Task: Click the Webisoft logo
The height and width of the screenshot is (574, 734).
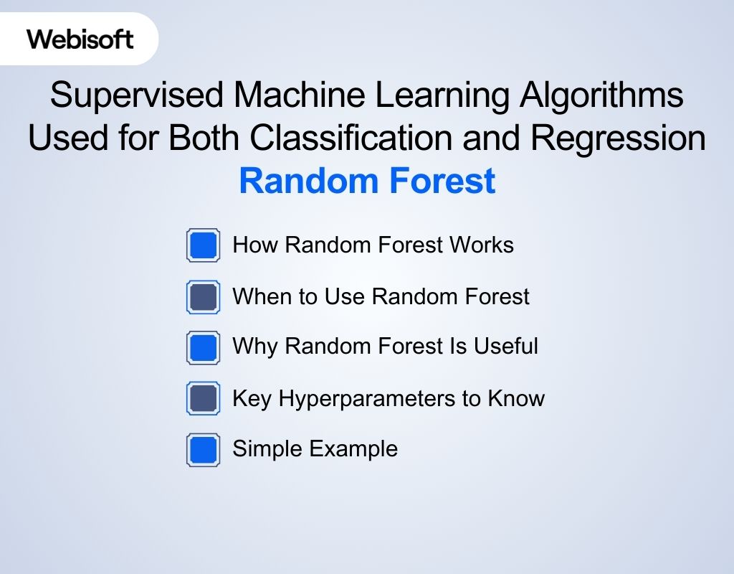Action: tap(80, 39)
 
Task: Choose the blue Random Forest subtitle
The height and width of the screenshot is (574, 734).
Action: tap(367, 181)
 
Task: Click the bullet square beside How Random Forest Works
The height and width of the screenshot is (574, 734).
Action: tap(204, 245)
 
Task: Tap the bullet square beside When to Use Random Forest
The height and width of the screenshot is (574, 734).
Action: tap(204, 296)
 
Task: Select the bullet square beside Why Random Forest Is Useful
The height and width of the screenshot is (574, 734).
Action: tap(204, 347)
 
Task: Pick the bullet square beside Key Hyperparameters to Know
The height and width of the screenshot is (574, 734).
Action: tap(204, 399)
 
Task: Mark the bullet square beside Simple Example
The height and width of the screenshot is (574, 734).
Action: tap(204, 450)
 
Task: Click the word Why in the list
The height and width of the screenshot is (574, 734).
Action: tap(253, 347)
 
